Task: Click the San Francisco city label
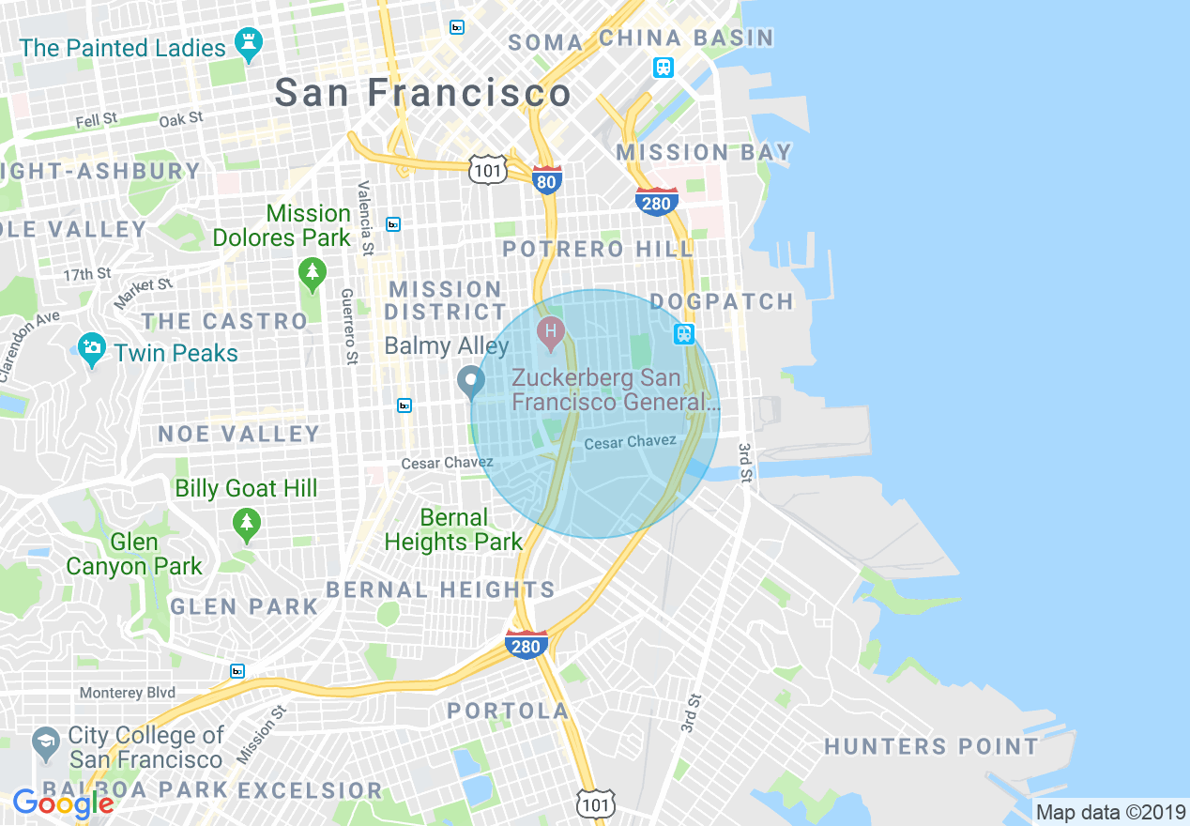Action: tap(422, 93)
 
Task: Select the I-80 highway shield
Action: tap(546, 179)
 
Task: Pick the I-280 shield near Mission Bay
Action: tap(656, 201)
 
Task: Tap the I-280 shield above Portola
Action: tap(526, 644)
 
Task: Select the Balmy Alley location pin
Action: tap(470, 381)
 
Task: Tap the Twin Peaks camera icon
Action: tap(92, 350)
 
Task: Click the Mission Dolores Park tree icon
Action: tap(312, 274)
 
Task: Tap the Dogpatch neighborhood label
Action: tap(722, 301)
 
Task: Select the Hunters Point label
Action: tap(931, 746)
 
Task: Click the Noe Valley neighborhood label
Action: tap(239, 434)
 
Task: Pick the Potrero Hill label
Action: tap(598, 249)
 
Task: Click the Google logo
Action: tap(63, 803)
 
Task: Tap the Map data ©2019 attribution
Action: tap(1110, 812)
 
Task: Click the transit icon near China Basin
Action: tap(664, 68)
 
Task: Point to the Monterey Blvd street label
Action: tap(127, 693)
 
